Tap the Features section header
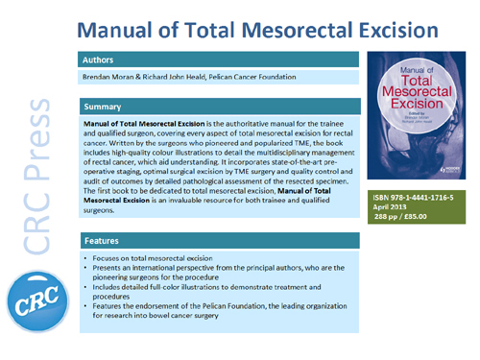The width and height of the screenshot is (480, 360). coord(104,244)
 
